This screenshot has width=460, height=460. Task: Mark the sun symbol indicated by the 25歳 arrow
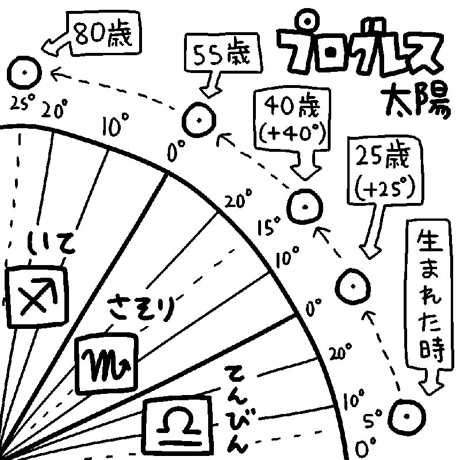(351, 286)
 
